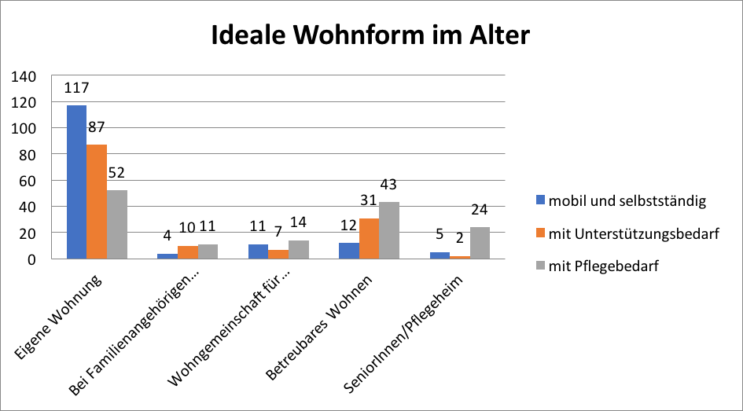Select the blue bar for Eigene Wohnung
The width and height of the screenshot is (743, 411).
[x=76, y=182]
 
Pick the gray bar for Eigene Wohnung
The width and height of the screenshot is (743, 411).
[x=117, y=224]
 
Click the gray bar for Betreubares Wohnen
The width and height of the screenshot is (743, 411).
[x=389, y=230]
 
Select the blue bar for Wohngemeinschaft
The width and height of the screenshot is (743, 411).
[x=258, y=251]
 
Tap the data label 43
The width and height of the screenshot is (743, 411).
[x=389, y=186]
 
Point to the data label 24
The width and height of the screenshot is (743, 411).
[x=480, y=211]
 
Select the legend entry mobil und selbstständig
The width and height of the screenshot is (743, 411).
[x=621, y=201]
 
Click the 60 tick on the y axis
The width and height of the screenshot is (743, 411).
[x=28, y=181]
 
